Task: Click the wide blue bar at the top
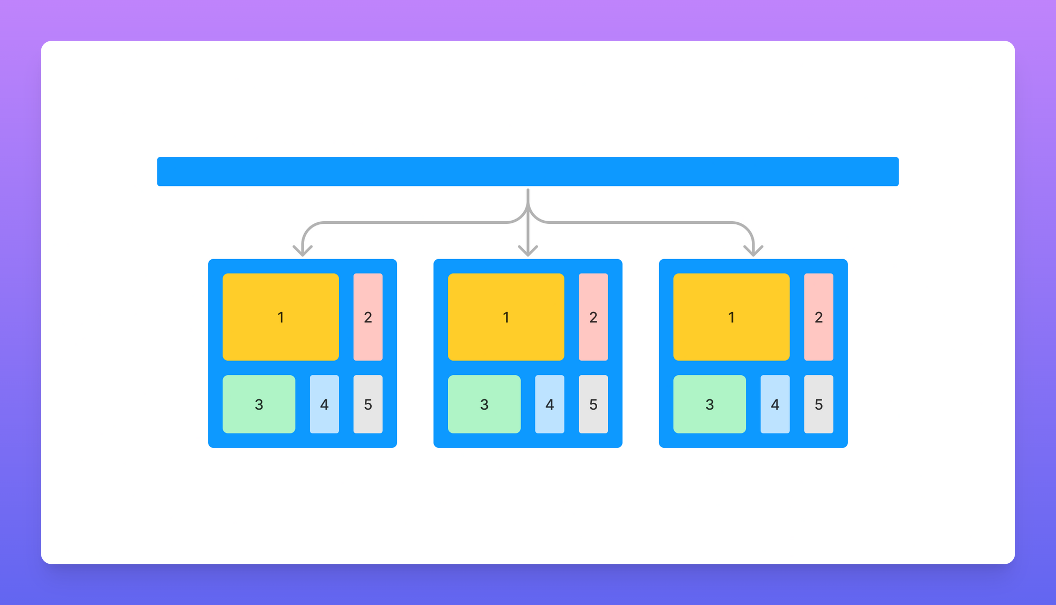pyautogui.click(x=528, y=172)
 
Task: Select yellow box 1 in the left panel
pyautogui.click(x=280, y=317)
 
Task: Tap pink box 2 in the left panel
pyautogui.click(x=368, y=317)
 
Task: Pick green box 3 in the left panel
pyautogui.click(x=259, y=404)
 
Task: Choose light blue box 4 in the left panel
pyautogui.click(x=324, y=404)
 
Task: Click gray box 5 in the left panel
pyautogui.click(x=368, y=404)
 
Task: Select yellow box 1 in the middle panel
pyautogui.click(x=506, y=317)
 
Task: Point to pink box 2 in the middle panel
pyautogui.click(x=593, y=317)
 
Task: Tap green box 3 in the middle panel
pyautogui.click(x=484, y=404)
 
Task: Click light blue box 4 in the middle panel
pyautogui.click(x=550, y=404)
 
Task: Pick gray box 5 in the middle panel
pyautogui.click(x=593, y=404)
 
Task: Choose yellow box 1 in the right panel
pyautogui.click(x=731, y=317)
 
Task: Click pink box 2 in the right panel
pyautogui.click(x=819, y=317)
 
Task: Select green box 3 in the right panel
pyautogui.click(x=710, y=404)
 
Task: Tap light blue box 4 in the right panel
pyautogui.click(x=775, y=404)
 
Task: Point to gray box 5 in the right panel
pyautogui.click(x=819, y=404)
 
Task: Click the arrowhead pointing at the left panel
pyautogui.click(x=303, y=251)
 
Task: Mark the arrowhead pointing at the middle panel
pyautogui.click(x=528, y=251)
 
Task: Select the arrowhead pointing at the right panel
pyautogui.click(x=753, y=251)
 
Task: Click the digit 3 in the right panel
pyautogui.click(x=710, y=405)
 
